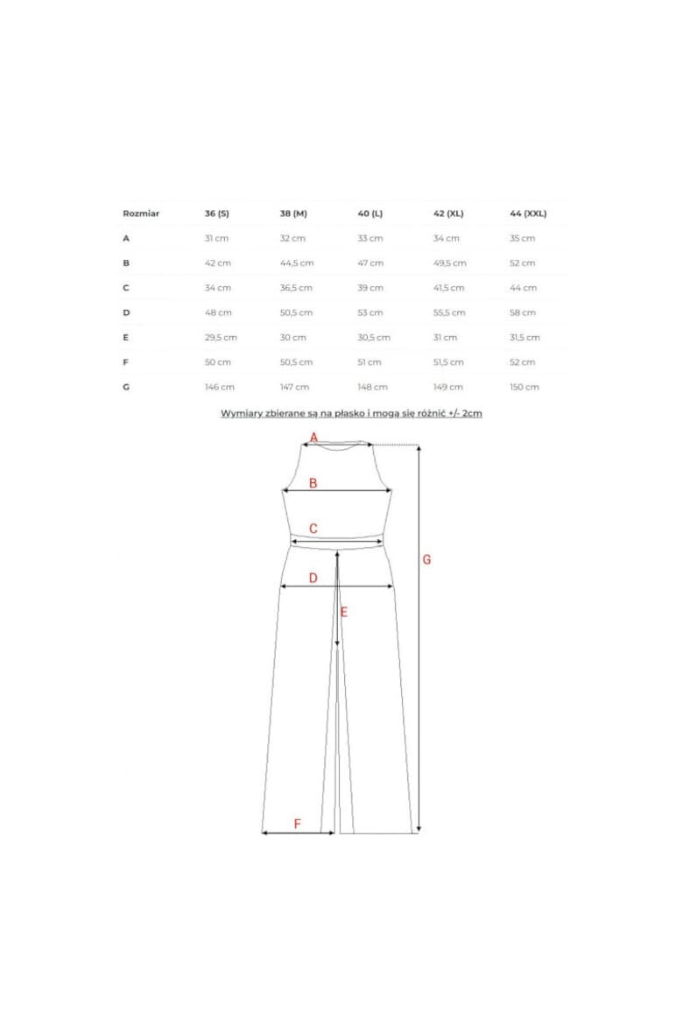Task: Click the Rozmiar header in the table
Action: [141, 214]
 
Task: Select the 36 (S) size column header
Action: [217, 214]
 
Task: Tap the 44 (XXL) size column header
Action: [528, 214]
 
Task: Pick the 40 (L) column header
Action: [370, 214]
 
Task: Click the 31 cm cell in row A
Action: [216, 238]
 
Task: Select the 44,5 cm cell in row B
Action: [297, 263]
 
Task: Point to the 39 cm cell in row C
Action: [370, 288]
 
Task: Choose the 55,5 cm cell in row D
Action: [449, 312]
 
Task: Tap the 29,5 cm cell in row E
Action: [221, 338]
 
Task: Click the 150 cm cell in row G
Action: [525, 387]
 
